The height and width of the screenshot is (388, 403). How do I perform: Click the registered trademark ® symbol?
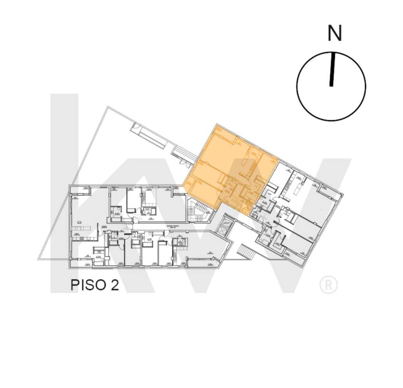point(328,285)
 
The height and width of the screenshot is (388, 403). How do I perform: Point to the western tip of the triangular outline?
point(39,259)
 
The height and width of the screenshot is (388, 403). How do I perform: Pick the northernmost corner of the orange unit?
point(217,125)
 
